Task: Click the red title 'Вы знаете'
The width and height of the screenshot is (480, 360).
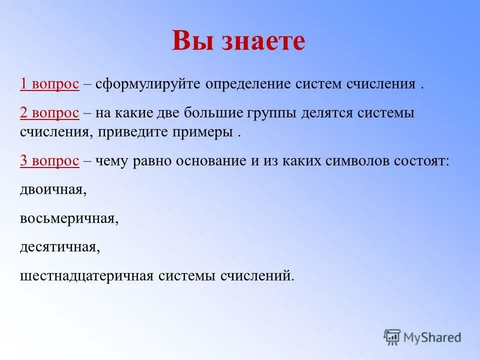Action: tap(238, 41)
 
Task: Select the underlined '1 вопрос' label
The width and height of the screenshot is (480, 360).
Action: tap(49, 84)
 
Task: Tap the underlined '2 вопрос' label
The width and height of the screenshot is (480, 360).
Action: tap(49, 113)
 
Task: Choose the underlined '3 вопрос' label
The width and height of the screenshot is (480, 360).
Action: tap(49, 161)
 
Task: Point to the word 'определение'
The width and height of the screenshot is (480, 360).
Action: tap(247, 84)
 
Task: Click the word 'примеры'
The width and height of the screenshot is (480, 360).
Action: tap(204, 133)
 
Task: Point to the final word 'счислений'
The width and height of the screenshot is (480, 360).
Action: tap(257, 276)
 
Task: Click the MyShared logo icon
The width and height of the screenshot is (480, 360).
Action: tap(392, 336)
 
